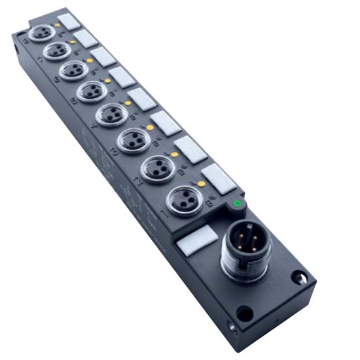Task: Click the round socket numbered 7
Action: pos(57,50)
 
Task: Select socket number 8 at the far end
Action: pos(42,31)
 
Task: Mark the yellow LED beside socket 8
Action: pos(58,24)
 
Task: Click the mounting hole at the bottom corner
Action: pos(244,316)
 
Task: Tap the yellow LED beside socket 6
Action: pos(90,61)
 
